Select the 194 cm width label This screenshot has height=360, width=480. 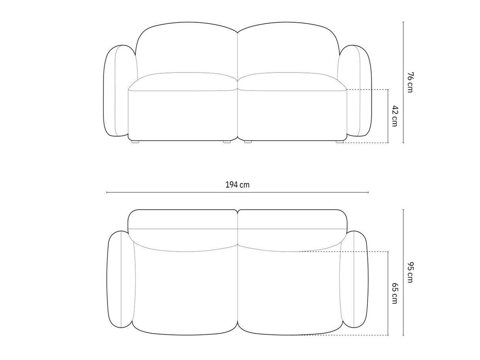(x=237, y=185)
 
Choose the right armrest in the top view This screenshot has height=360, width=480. (x=354, y=282)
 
